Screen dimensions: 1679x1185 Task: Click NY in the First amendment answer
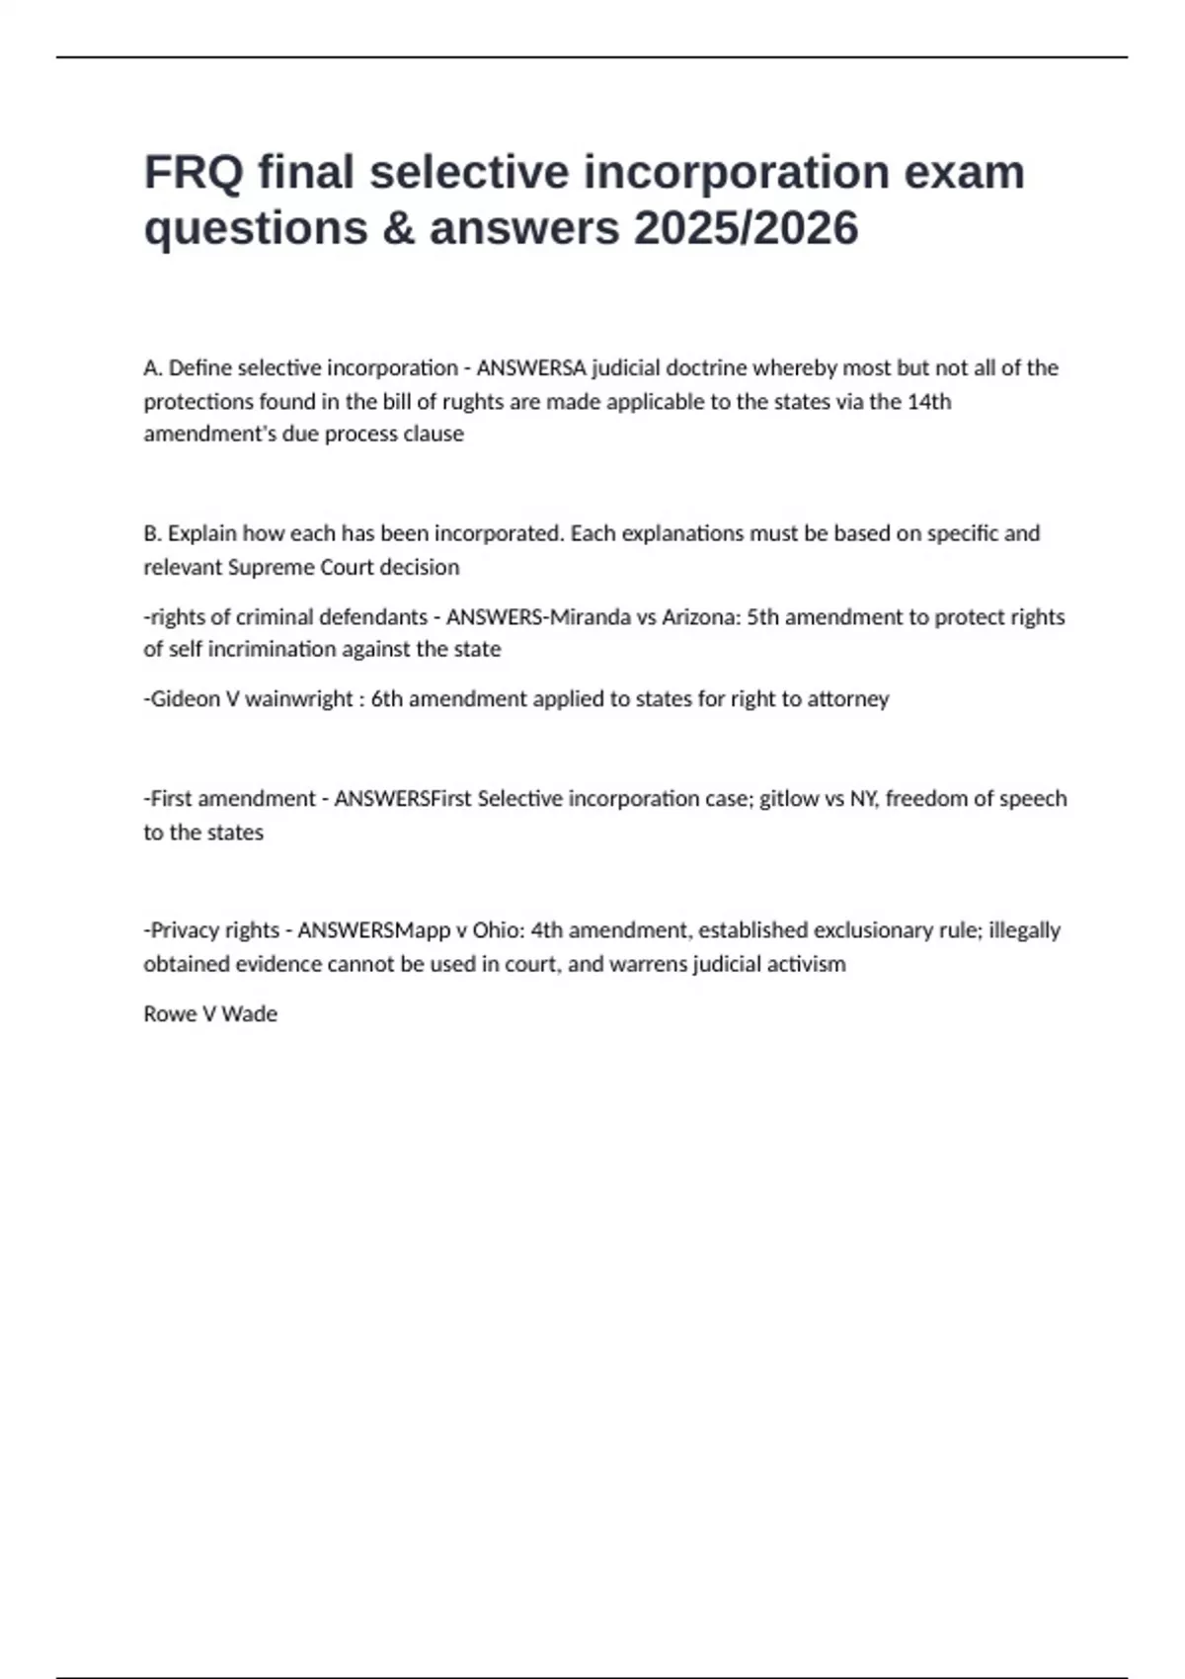coord(863,799)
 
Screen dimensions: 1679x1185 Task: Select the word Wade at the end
coord(250,1014)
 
